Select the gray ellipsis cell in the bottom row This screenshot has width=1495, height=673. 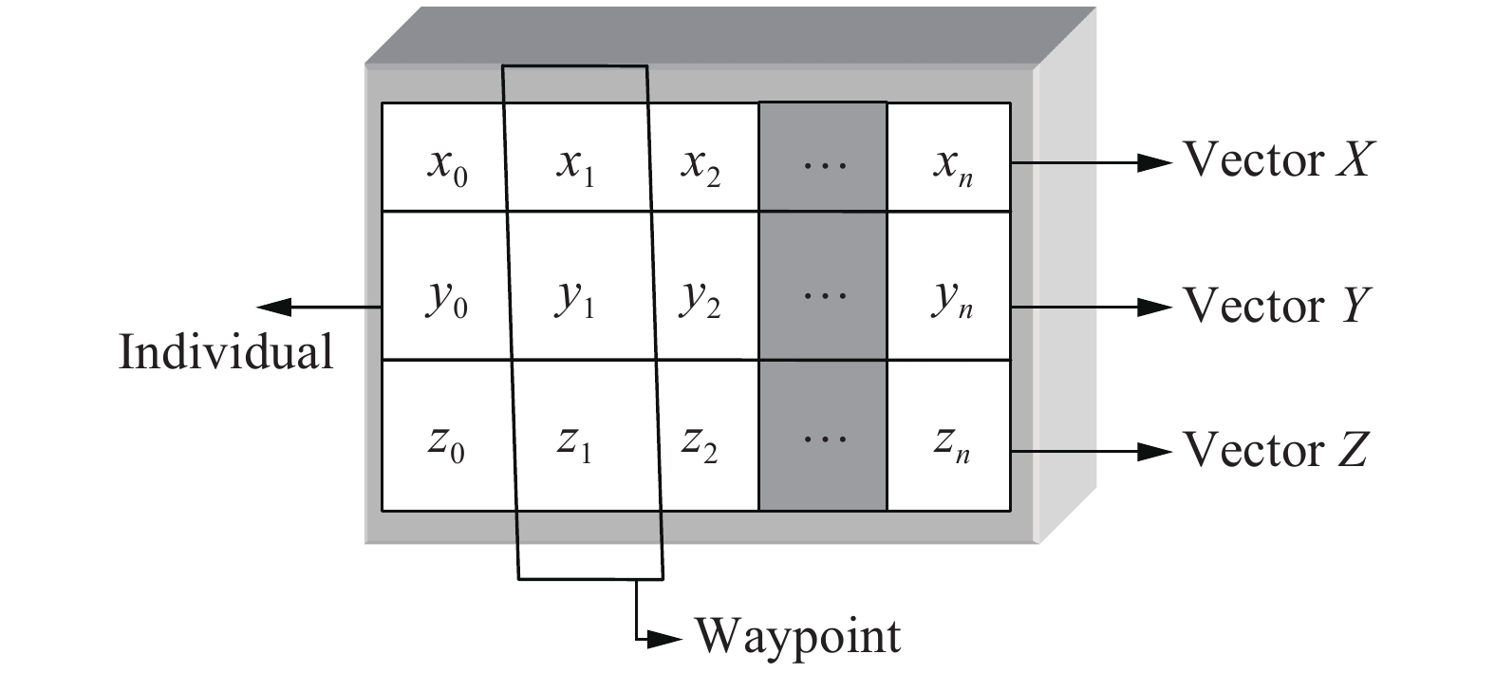point(822,437)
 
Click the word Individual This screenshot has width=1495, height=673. point(226,352)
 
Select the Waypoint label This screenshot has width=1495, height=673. point(798,635)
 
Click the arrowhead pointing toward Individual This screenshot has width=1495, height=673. point(274,307)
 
